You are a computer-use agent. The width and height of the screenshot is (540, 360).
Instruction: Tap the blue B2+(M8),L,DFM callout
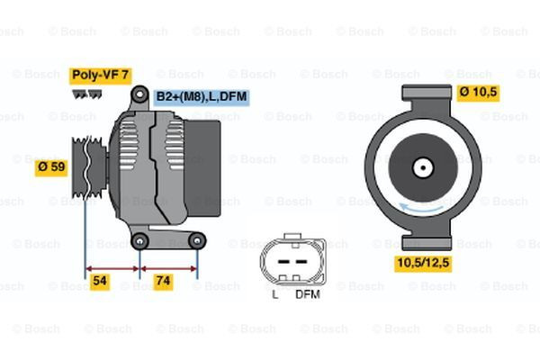click(202, 95)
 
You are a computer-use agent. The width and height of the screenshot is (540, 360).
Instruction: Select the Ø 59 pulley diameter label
click(52, 167)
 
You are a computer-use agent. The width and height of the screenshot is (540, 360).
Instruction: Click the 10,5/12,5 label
click(423, 262)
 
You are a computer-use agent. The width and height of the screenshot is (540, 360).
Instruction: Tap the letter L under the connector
click(275, 294)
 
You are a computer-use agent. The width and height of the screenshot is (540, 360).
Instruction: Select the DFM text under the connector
click(307, 294)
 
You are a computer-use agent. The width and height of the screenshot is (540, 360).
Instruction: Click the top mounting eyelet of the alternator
click(140, 94)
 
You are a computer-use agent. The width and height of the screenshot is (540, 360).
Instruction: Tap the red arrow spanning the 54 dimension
click(112, 267)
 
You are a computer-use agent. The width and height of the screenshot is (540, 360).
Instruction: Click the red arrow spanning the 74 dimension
click(169, 267)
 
